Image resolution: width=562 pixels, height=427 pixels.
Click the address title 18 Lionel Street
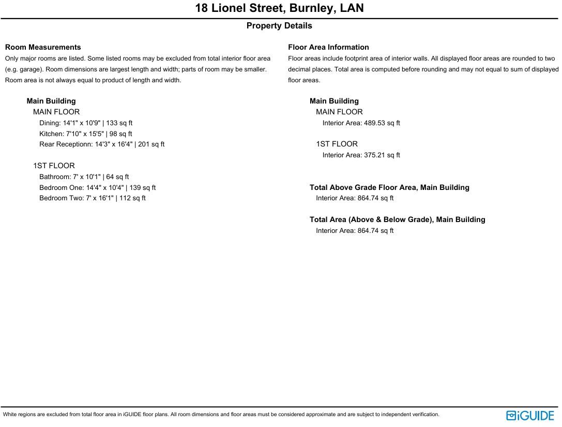click(x=279, y=8)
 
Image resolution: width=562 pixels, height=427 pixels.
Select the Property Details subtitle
click(x=279, y=26)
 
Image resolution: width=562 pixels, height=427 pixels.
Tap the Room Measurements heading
click(x=43, y=47)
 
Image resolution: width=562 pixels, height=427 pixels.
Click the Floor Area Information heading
click(x=328, y=47)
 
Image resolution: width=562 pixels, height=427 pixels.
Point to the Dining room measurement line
click(x=86, y=123)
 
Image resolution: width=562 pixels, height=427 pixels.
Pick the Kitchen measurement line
click(x=86, y=134)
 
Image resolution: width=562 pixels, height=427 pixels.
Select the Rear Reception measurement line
click(x=102, y=144)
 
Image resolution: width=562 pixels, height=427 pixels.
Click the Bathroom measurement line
click(x=84, y=177)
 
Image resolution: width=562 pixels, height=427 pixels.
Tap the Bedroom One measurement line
click(x=98, y=188)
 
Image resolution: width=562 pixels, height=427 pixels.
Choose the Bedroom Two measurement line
click(x=93, y=198)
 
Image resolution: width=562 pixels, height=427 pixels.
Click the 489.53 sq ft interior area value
click(x=382, y=123)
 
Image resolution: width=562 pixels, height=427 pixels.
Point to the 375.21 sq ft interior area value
click(x=382, y=155)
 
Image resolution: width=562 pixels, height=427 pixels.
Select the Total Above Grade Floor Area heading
click(x=389, y=187)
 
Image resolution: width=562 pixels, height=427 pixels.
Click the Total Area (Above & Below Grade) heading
click(x=398, y=219)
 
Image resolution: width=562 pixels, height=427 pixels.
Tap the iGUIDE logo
click(x=530, y=416)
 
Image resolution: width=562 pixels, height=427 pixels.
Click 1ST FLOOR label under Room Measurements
click(x=54, y=166)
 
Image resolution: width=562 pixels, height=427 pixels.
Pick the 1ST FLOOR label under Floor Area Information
click(x=337, y=144)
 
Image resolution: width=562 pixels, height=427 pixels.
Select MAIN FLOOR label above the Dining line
click(x=56, y=112)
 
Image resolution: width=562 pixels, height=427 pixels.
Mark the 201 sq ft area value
click(x=151, y=144)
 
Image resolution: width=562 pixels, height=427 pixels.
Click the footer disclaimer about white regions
click(x=221, y=415)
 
